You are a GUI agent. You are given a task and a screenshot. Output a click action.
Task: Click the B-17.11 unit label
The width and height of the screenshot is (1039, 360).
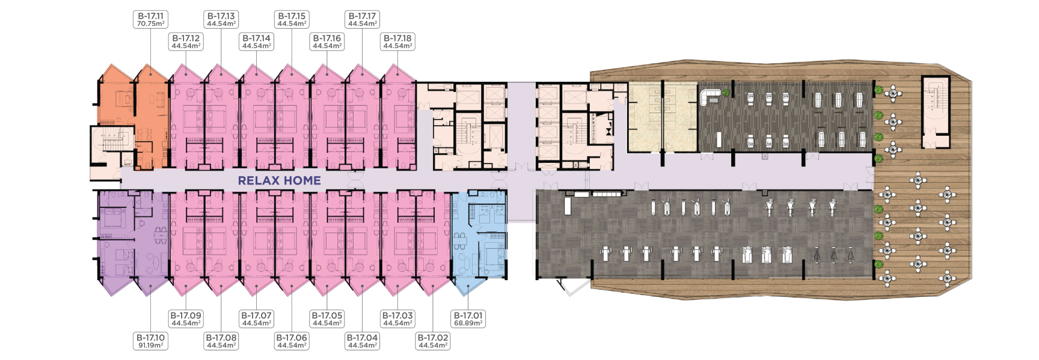pos(150,20)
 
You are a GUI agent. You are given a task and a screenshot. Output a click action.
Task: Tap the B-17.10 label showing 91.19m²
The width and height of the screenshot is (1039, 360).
pos(150,341)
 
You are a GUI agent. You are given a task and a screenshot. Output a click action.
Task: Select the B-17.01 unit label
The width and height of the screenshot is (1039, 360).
pos(468,319)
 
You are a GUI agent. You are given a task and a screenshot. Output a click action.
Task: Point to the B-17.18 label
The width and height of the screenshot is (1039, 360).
pos(397,41)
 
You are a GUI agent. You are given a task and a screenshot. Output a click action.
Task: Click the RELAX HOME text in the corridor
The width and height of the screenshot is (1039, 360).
pos(280,180)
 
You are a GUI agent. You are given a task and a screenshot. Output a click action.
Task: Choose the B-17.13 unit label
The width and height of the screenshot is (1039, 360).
pos(221,20)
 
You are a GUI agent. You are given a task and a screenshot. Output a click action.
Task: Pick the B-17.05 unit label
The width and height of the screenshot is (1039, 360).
pos(327,319)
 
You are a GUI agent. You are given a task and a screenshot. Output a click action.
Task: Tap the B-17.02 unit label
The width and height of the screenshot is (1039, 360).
pos(433,341)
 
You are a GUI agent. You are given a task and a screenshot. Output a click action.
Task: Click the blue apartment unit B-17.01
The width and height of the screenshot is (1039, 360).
pos(480,240)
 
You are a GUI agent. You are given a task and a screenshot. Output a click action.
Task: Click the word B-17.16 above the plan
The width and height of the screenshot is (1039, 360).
pos(327,38)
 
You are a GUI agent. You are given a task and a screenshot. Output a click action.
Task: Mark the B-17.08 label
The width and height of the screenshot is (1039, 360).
pos(221,341)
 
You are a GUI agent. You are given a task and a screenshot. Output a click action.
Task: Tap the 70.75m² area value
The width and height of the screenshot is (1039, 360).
pos(150,24)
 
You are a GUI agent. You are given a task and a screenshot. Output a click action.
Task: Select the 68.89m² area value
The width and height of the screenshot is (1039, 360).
pos(468,323)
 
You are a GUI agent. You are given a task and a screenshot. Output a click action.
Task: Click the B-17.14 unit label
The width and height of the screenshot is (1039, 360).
pos(257,41)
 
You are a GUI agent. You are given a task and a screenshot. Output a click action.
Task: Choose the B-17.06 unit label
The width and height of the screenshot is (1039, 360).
pos(292,341)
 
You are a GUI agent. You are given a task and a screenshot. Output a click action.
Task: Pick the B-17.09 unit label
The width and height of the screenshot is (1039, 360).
pos(186,319)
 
